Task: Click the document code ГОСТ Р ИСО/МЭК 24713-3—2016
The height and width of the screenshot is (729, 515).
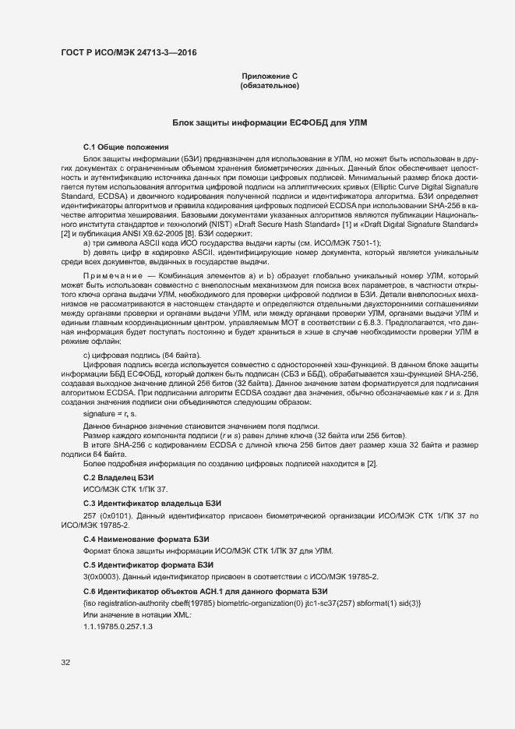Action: pos(129,53)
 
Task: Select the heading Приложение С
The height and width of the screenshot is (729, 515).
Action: pos(270,76)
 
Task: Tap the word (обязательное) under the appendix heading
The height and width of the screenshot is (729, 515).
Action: pos(270,85)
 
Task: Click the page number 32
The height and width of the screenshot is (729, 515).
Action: pos(65,663)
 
